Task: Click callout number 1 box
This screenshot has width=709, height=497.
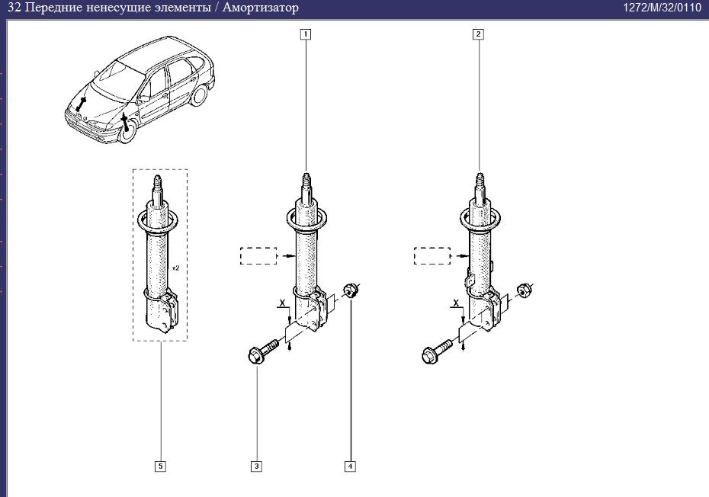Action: coord(306,34)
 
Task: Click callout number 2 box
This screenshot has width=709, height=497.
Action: coord(478,34)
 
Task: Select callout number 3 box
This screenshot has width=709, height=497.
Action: coord(257,466)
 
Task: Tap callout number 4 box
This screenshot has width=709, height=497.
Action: coord(350,466)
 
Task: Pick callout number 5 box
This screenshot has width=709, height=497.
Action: coord(160,466)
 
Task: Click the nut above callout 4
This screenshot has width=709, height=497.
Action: coord(351,290)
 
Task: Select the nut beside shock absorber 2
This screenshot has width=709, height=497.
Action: coord(524,290)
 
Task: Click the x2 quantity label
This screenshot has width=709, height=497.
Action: coord(175,268)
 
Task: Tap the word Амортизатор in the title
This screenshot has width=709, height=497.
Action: coord(260,8)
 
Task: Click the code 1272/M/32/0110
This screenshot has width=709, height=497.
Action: coord(662,8)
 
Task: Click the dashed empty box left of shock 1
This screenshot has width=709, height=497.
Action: coord(258,255)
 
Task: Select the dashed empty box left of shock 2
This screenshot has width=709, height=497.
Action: coord(431,255)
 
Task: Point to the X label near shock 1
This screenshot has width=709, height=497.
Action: coord(282,303)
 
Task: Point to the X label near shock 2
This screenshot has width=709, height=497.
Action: coord(456,303)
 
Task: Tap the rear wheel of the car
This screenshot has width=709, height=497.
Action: coord(200,95)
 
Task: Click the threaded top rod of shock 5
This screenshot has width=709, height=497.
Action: coord(159,186)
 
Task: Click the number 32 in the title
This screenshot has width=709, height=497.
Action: coord(12,8)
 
